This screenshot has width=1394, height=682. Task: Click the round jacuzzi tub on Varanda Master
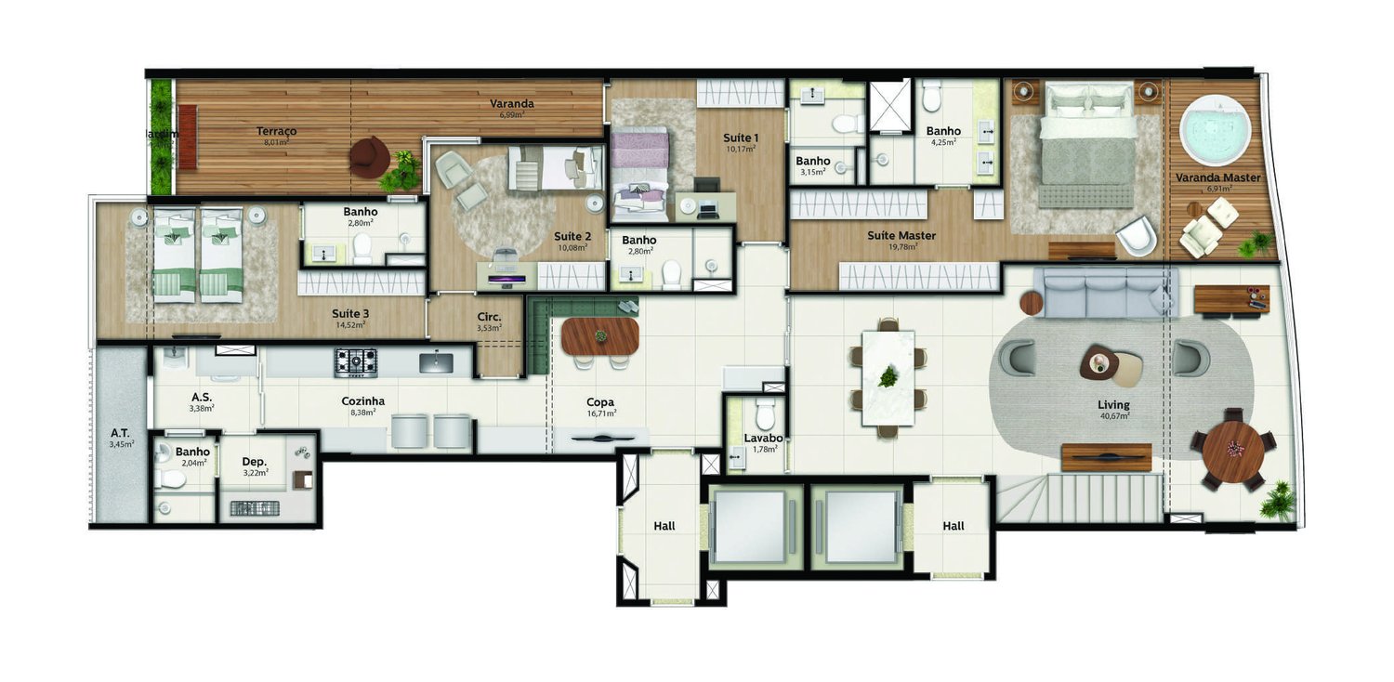tap(1216, 136)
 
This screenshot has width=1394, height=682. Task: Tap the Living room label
tap(1112, 404)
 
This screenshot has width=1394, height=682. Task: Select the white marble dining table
tap(888, 377)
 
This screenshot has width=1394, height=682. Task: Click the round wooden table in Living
tap(1232, 451)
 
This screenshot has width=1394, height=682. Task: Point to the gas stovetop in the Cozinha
tap(356, 361)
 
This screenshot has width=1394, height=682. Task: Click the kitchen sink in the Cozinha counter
tap(435, 361)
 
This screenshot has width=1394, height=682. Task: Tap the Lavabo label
tap(763, 438)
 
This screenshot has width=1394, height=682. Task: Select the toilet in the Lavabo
tap(765, 413)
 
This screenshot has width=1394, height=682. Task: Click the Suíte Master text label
tap(901, 235)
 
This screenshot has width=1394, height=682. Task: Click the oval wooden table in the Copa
tap(599, 336)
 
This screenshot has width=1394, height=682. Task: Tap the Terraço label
tap(276, 131)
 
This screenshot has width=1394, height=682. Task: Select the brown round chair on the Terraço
tap(369, 157)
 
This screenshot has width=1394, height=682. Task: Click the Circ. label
tap(489, 316)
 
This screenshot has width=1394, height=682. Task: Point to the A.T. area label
tap(120, 432)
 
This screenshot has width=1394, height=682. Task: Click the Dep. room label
tap(255, 461)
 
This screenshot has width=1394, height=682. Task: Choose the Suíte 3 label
tap(349, 313)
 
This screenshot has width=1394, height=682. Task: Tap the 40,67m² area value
tap(1112, 416)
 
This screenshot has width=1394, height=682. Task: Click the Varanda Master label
tap(1217, 177)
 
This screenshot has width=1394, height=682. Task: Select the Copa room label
tap(599, 401)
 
